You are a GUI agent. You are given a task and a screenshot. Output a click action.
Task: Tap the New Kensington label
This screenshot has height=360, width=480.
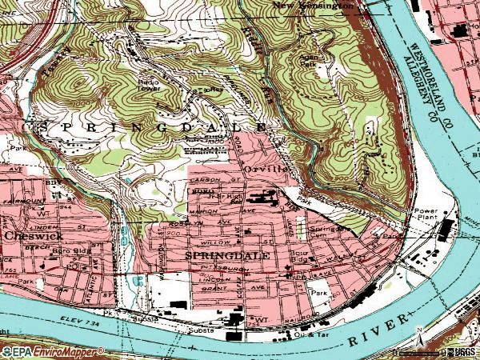[x=313, y=6]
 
